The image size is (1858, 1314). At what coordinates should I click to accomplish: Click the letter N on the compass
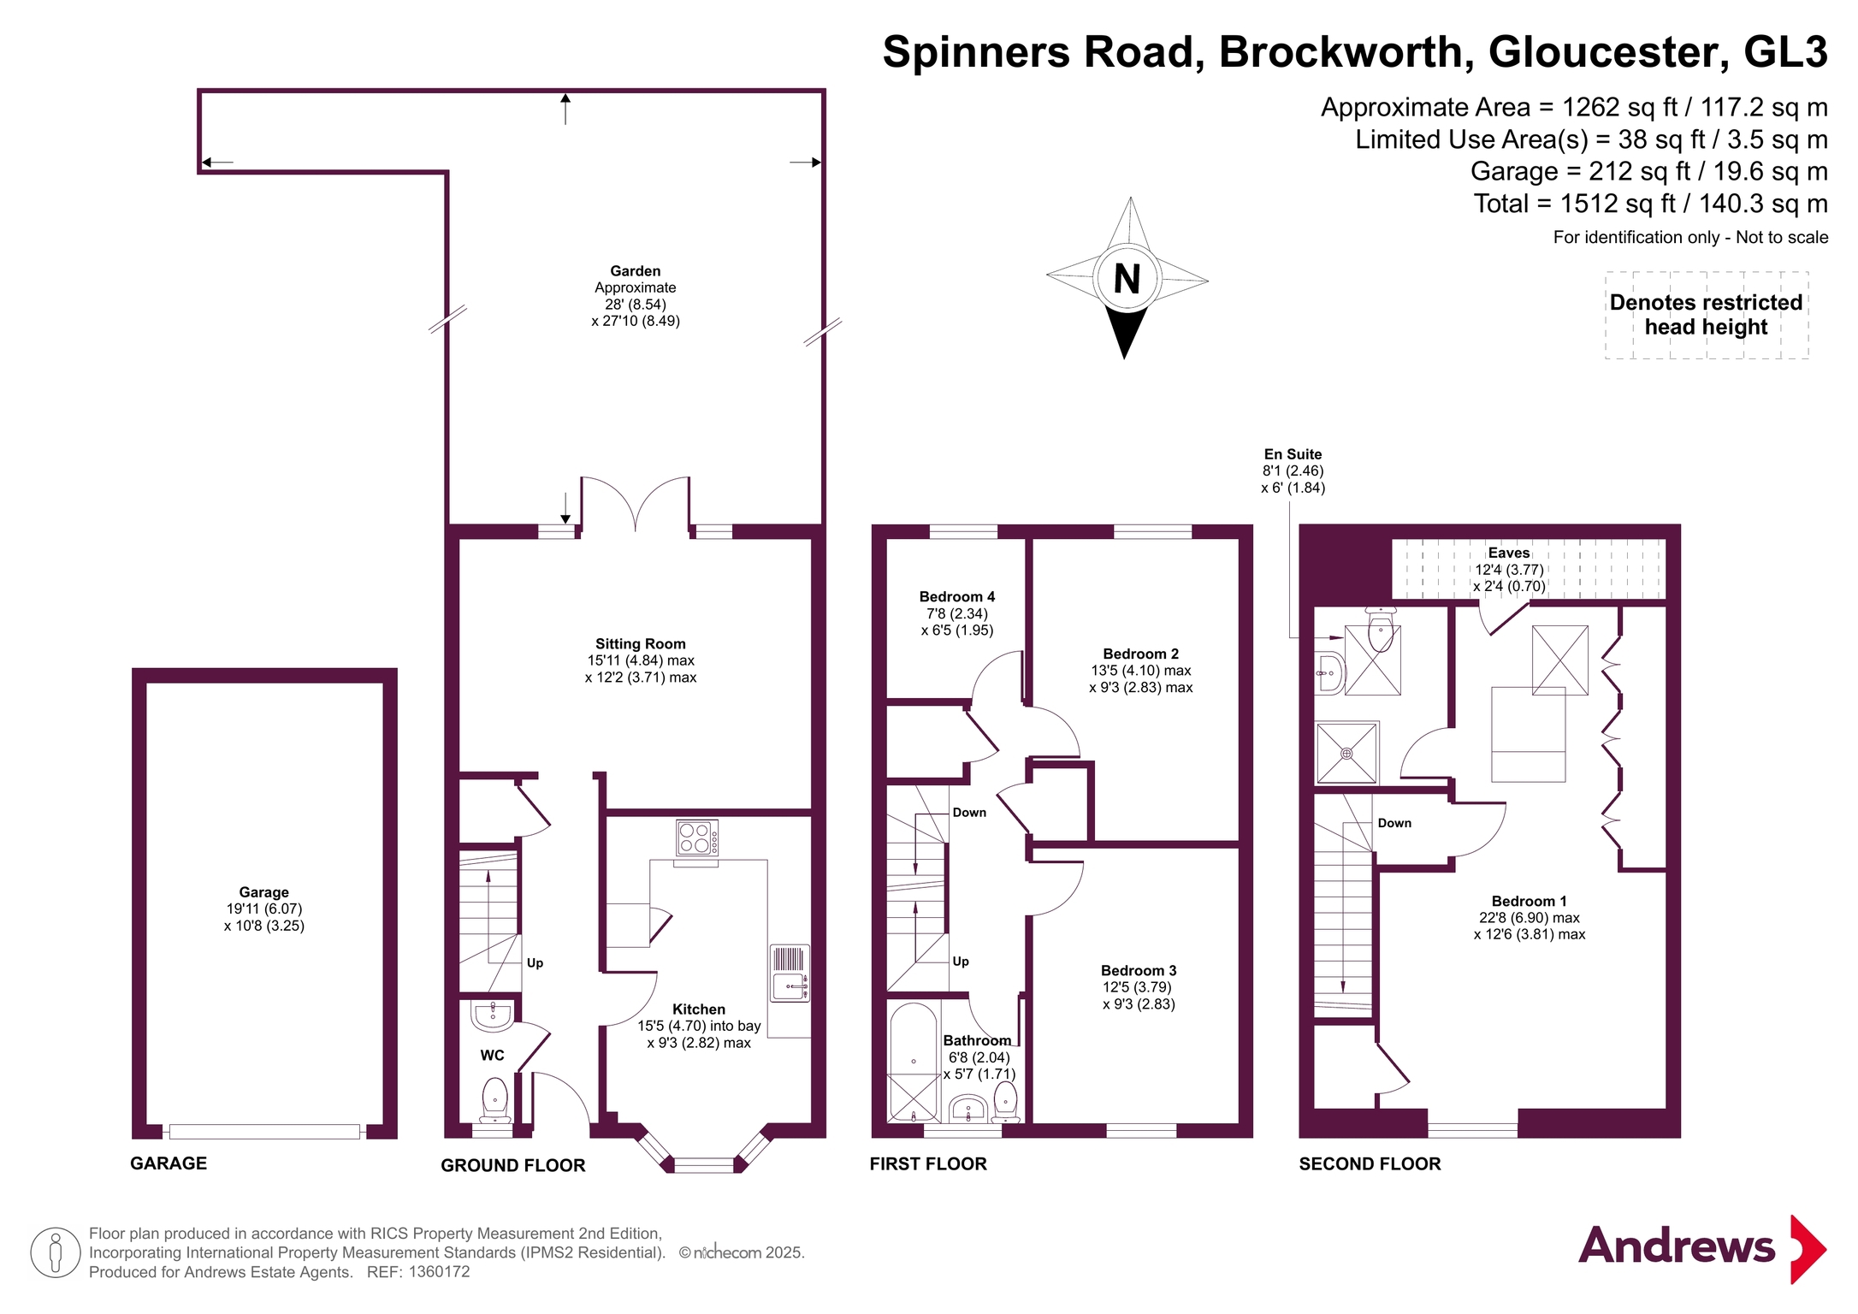point(1127,279)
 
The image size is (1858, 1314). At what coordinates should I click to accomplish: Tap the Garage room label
point(263,892)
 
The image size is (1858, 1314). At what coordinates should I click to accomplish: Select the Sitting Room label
point(641,644)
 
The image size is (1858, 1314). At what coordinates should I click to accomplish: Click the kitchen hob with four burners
point(697,838)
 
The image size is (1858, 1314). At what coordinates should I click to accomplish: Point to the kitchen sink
point(790,973)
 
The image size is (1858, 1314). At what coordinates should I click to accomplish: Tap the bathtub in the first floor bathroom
point(914,1062)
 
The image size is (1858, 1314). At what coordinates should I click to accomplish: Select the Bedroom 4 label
point(957,597)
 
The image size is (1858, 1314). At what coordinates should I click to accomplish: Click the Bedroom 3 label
point(1139,971)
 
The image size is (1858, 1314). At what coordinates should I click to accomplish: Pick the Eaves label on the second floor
point(1509,553)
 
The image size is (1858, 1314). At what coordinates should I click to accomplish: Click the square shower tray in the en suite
point(1346,754)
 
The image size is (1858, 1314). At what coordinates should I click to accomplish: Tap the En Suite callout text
point(1293,471)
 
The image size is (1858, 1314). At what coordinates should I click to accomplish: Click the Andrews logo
point(1702,1247)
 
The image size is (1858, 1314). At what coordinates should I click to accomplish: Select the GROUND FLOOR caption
point(513,1165)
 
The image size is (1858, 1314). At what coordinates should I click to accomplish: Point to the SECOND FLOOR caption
point(1370,1163)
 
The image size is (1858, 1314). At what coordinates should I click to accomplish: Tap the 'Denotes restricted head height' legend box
point(1707,315)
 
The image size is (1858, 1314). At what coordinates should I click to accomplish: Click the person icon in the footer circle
point(56,1252)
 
